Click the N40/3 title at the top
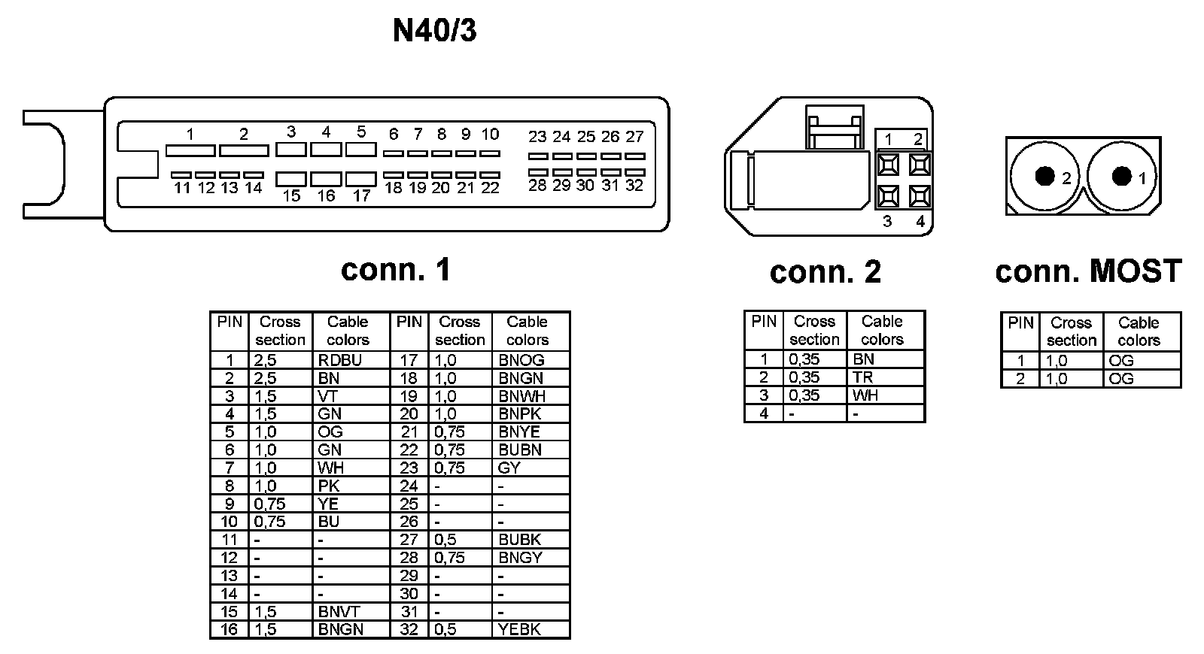click(434, 31)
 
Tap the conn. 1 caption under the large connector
click(396, 269)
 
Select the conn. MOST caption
click(1088, 271)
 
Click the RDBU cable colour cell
click(340, 360)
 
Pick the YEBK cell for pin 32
click(520, 629)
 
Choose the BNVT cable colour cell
click(339, 611)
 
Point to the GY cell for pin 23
click(509, 468)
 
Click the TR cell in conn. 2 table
click(862, 377)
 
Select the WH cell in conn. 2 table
click(865, 395)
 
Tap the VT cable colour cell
click(328, 396)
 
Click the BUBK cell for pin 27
click(520, 539)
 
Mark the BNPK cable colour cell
click(520, 413)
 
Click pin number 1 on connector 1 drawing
click(190, 135)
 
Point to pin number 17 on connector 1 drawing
click(362, 195)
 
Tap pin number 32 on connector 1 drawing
click(634, 185)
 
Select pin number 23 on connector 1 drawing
click(537, 137)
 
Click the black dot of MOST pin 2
click(1044, 176)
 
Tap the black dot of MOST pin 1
click(1122, 176)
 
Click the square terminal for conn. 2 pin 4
click(919, 197)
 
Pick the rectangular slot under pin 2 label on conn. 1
click(244, 150)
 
